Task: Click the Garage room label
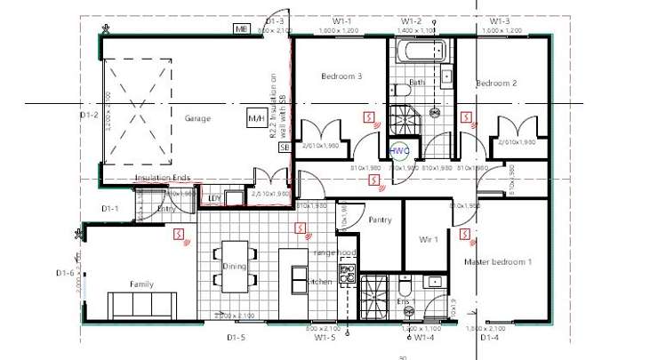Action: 197,118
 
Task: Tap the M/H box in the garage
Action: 255,117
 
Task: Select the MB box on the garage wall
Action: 241,29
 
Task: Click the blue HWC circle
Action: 398,150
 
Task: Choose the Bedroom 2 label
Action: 496,83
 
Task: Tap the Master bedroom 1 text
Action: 498,261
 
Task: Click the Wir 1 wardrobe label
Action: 429,240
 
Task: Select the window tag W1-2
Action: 411,20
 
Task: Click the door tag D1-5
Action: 235,338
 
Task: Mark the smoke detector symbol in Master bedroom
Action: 466,234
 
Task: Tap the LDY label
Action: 213,198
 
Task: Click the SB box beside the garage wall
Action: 285,148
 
